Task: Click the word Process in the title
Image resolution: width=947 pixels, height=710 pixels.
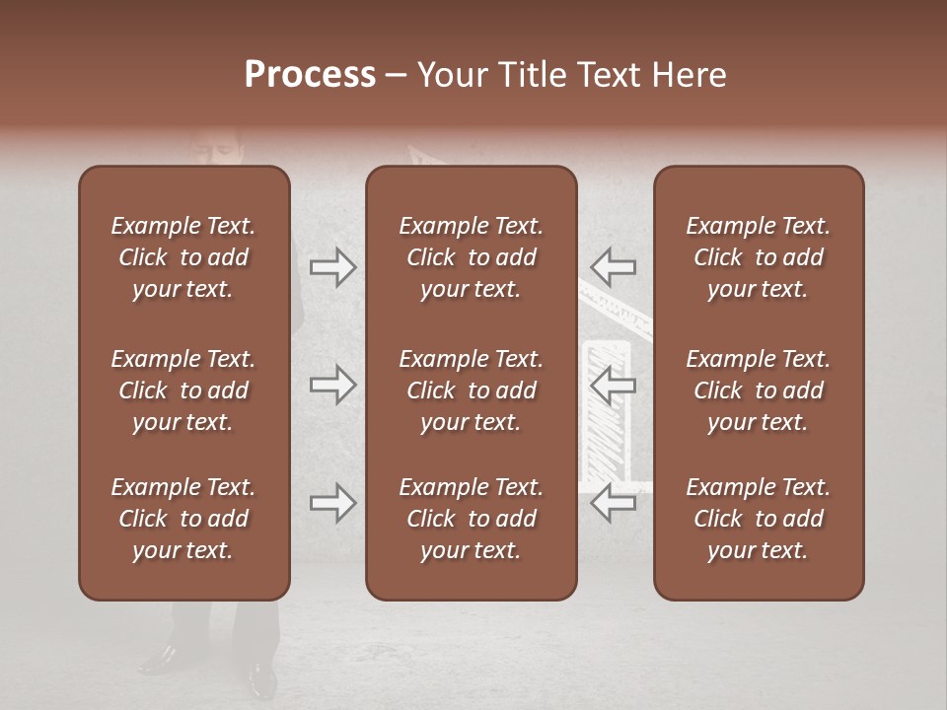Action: tap(310, 75)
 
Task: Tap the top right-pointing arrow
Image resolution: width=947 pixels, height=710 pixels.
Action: tap(333, 267)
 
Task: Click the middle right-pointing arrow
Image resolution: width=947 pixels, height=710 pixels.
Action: tap(333, 385)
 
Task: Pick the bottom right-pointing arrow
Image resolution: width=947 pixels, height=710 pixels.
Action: tap(333, 503)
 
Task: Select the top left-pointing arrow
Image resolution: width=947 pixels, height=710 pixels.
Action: tap(613, 267)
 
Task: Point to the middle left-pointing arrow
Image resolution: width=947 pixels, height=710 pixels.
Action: tap(613, 385)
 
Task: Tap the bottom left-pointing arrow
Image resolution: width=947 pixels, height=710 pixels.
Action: tap(613, 503)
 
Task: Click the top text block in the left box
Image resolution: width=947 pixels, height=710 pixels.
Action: tap(183, 257)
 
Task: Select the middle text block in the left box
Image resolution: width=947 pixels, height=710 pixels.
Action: tap(183, 390)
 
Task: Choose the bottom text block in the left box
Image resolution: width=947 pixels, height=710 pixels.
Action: tap(183, 519)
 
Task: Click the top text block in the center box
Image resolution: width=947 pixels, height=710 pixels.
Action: tap(472, 257)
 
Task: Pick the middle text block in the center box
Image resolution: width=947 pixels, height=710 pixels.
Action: tap(472, 390)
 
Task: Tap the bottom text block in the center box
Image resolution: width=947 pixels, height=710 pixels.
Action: tap(472, 519)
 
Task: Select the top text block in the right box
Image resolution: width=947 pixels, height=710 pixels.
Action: tap(759, 257)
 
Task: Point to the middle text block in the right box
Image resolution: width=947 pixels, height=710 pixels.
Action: tap(759, 390)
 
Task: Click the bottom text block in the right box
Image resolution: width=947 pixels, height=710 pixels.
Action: tap(759, 519)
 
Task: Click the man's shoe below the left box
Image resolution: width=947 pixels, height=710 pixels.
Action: tap(160, 656)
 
